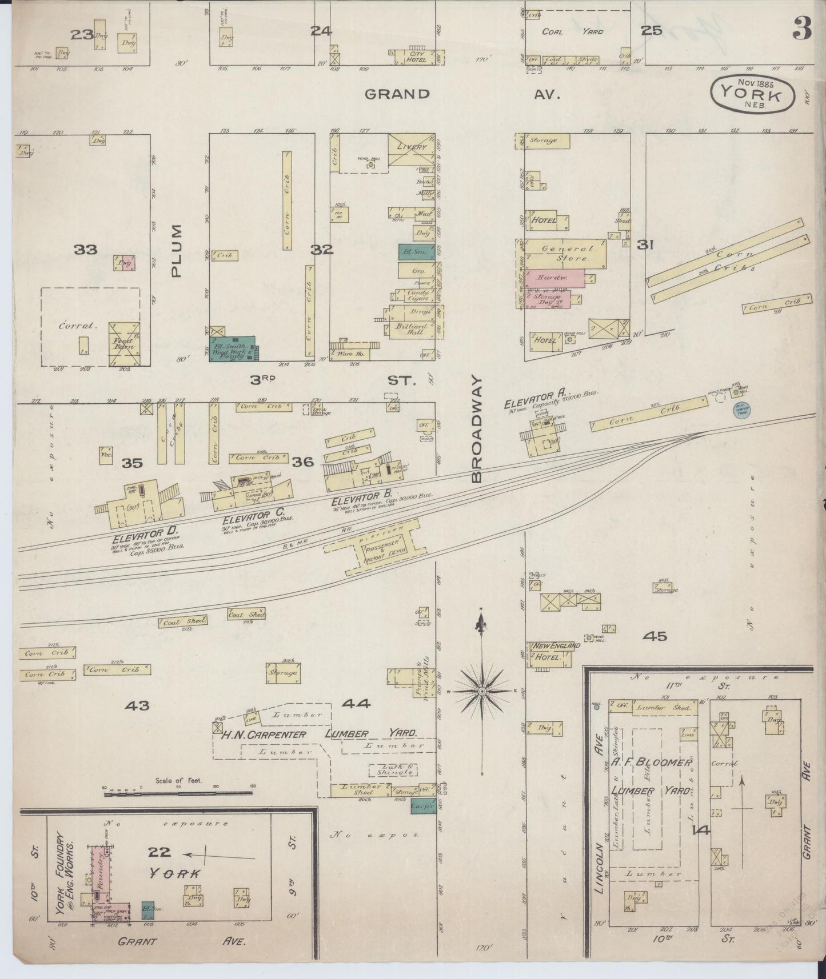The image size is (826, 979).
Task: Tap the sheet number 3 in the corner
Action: pos(802,31)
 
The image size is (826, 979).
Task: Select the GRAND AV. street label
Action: pos(463,94)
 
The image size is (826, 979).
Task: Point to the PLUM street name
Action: pos(177,251)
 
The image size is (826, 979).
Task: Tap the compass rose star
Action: pos(482,691)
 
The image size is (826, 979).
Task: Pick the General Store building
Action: pos(566,253)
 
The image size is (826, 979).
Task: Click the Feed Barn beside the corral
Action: pos(124,343)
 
